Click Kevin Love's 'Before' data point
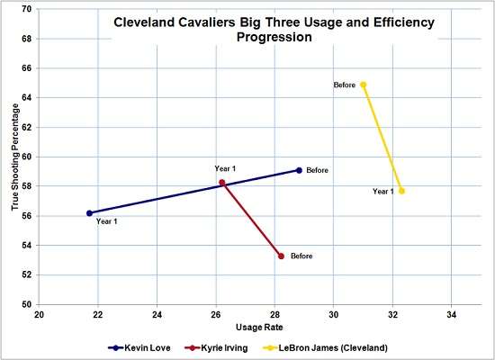tap(299, 170)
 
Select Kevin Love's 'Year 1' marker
tap(89, 213)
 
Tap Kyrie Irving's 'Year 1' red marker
tap(222, 183)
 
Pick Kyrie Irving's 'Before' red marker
tap(281, 256)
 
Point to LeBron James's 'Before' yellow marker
tap(364, 85)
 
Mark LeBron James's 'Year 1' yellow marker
tap(401, 191)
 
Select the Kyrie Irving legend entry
tap(215, 346)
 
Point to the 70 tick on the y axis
tap(26, 9)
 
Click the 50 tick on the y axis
tap(26, 304)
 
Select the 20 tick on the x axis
tap(40, 315)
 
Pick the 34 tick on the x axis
tap(452, 315)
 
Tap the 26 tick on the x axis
tap(216, 315)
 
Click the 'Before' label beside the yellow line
tap(345, 85)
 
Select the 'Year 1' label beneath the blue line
tap(107, 221)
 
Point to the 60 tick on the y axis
tap(26, 157)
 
